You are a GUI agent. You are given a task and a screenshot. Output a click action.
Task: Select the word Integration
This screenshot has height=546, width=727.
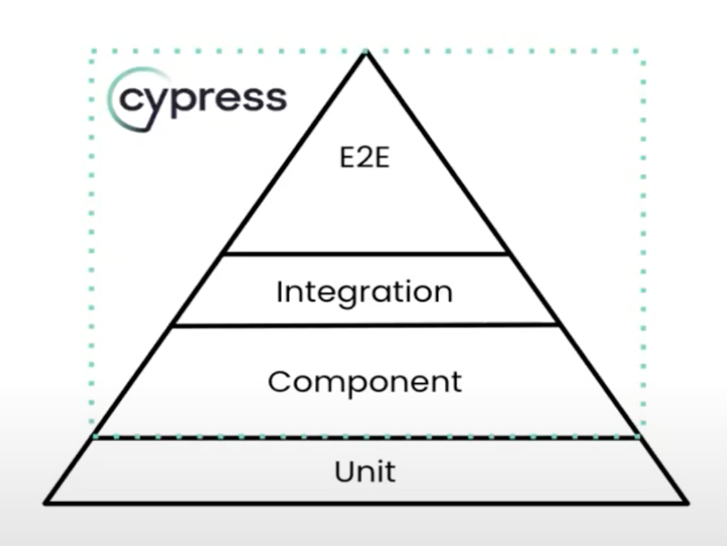(364, 291)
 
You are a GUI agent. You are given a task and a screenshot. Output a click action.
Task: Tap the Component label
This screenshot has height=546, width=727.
(364, 381)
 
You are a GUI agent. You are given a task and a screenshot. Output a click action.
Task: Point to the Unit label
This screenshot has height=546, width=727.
(364, 471)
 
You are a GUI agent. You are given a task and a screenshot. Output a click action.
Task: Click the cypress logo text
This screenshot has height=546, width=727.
(203, 99)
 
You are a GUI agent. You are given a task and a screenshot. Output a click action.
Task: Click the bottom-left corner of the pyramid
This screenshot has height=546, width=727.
(47, 501)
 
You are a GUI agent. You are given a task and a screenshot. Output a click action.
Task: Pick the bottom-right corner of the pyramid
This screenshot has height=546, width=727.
(685, 501)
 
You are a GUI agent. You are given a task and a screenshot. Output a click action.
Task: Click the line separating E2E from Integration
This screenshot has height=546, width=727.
(364, 254)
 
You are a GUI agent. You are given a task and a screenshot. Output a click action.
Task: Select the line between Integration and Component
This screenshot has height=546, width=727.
(364, 325)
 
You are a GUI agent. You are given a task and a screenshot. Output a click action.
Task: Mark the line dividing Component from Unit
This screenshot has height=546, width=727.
(364, 438)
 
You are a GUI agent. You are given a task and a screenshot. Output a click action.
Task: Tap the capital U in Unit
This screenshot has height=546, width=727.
(343, 471)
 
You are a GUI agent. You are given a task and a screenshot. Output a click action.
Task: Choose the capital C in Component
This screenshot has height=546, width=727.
(278, 381)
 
